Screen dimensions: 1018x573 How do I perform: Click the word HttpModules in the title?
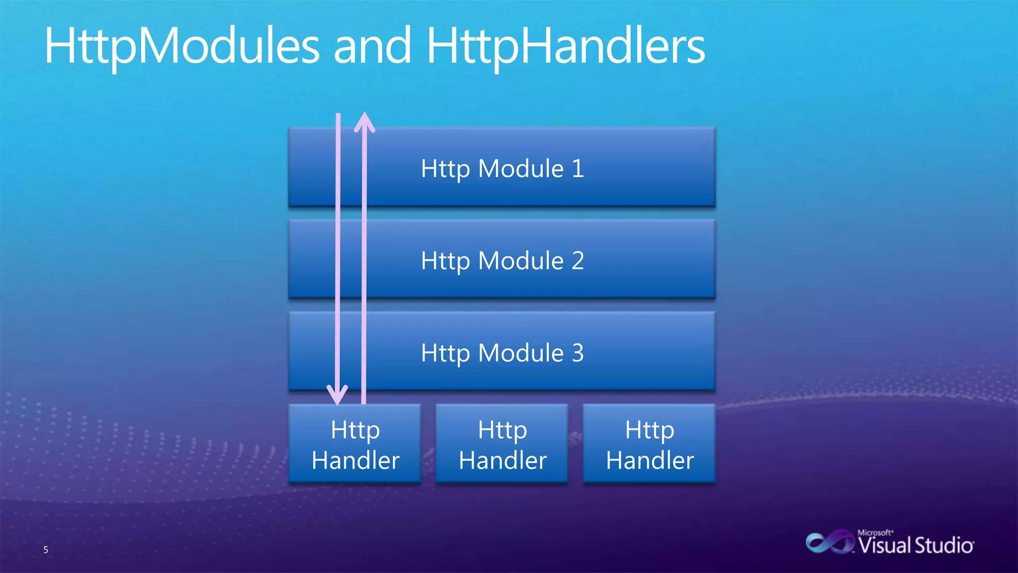182,46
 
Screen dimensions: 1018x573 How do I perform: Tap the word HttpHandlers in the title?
566,46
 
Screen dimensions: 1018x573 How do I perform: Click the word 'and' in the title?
372,46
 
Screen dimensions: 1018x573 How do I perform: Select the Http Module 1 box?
502,168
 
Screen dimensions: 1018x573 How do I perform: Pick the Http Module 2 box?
502,260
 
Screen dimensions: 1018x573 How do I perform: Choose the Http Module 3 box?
502,352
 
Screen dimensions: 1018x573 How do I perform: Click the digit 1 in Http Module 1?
577,169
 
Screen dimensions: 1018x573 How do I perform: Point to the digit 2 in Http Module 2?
577,261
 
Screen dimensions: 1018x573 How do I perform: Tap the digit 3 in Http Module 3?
577,353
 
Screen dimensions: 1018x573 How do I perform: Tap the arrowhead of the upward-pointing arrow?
364,122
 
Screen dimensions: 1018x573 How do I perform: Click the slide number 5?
46,550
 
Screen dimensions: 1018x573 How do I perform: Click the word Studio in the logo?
943,546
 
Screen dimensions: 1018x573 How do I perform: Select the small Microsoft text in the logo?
875,532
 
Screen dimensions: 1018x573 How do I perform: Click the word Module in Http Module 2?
520,261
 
